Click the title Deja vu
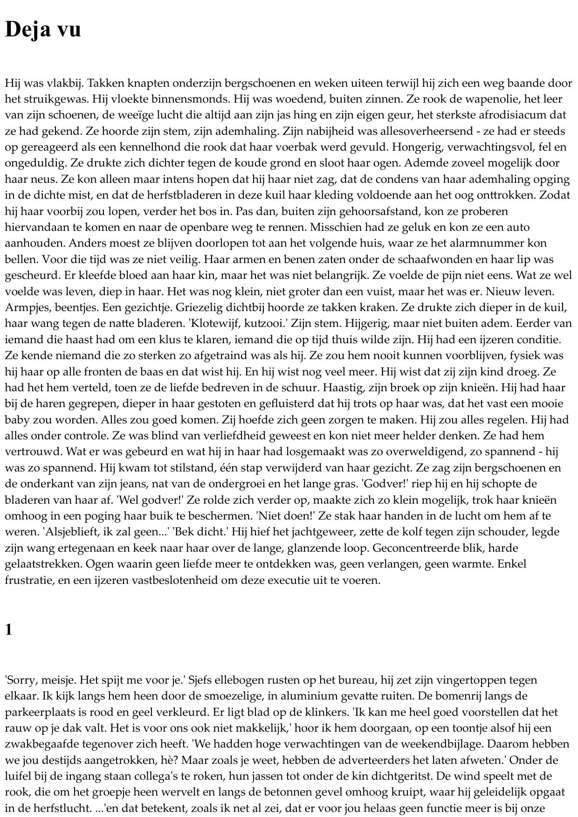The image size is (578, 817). [43, 29]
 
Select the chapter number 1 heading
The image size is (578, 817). [8, 630]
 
